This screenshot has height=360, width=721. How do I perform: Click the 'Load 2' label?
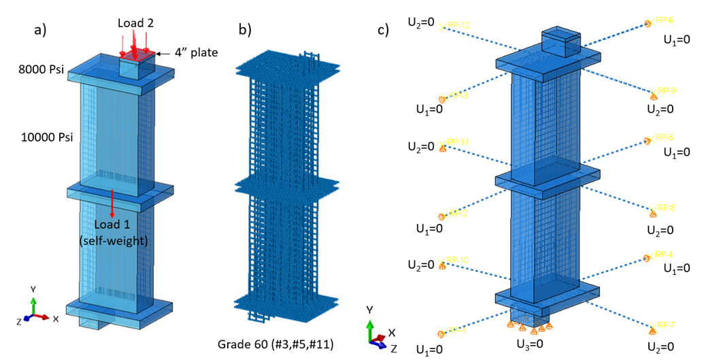tap(135, 23)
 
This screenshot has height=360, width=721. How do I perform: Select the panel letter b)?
tap(245, 30)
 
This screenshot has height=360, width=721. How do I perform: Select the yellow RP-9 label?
tap(665, 91)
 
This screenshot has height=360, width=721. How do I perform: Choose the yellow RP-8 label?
tap(665, 208)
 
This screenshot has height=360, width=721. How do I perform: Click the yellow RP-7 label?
tap(665, 324)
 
